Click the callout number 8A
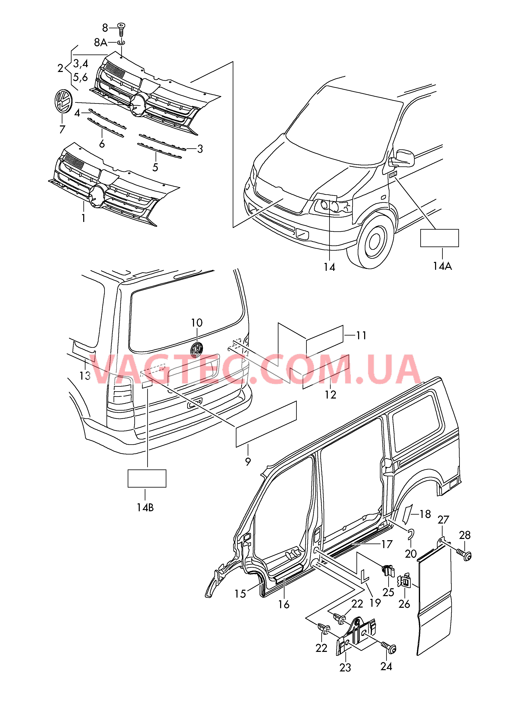click(100, 42)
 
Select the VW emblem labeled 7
click(63, 101)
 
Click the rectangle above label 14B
click(147, 478)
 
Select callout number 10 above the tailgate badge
click(197, 323)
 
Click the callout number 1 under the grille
click(83, 218)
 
